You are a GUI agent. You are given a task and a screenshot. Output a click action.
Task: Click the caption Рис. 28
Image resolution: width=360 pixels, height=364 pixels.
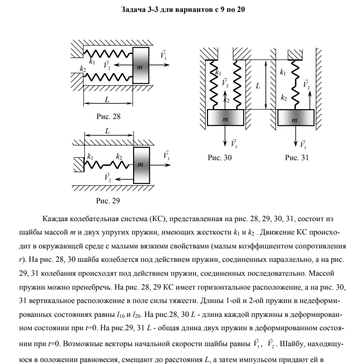click(108, 118)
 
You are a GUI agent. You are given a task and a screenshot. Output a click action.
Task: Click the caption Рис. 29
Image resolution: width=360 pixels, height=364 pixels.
click(108, 201)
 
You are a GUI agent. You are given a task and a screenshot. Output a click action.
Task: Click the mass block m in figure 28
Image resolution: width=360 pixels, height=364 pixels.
click(141, 65)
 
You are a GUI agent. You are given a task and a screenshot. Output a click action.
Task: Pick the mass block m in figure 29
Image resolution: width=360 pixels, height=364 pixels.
click(141, 164)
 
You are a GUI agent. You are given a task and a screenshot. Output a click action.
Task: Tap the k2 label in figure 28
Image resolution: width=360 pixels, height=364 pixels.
click(82, 68)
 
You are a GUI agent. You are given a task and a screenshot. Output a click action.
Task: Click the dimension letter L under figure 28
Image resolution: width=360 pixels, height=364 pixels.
click(107, 99)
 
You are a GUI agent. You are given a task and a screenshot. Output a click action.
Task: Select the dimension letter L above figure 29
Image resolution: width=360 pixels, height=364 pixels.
click(108, 130)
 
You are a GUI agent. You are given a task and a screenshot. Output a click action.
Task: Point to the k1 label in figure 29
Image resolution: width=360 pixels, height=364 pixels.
click(90, 157)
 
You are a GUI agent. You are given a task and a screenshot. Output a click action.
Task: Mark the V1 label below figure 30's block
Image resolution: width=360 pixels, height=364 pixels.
click(234, 144)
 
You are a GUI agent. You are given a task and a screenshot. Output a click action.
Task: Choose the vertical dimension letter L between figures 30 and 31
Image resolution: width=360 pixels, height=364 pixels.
click(258, 86)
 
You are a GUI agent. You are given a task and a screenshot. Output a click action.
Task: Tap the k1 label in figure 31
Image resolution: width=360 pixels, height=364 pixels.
click(283, 72)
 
